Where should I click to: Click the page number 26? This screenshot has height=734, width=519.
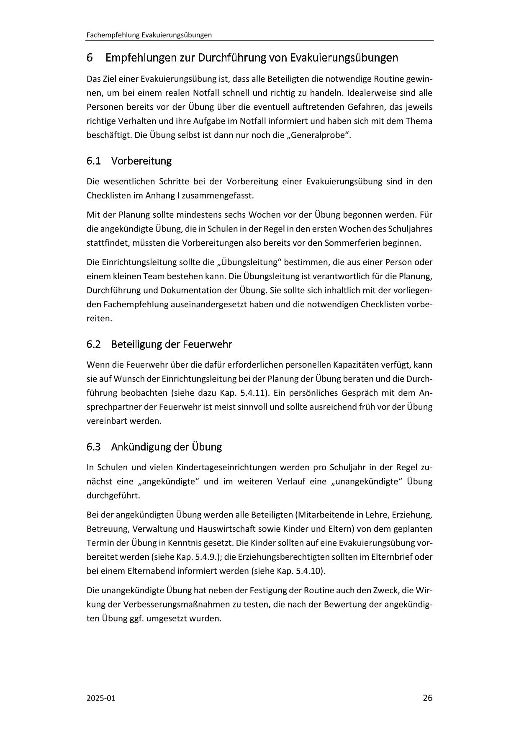pos(427,698)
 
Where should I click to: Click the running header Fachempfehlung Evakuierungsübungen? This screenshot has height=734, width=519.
pos(149,35)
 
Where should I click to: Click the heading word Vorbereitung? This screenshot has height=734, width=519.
pos(141,161)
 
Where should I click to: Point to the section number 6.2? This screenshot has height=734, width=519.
pos(94,344)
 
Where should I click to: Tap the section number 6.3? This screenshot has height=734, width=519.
pos(94,447)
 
